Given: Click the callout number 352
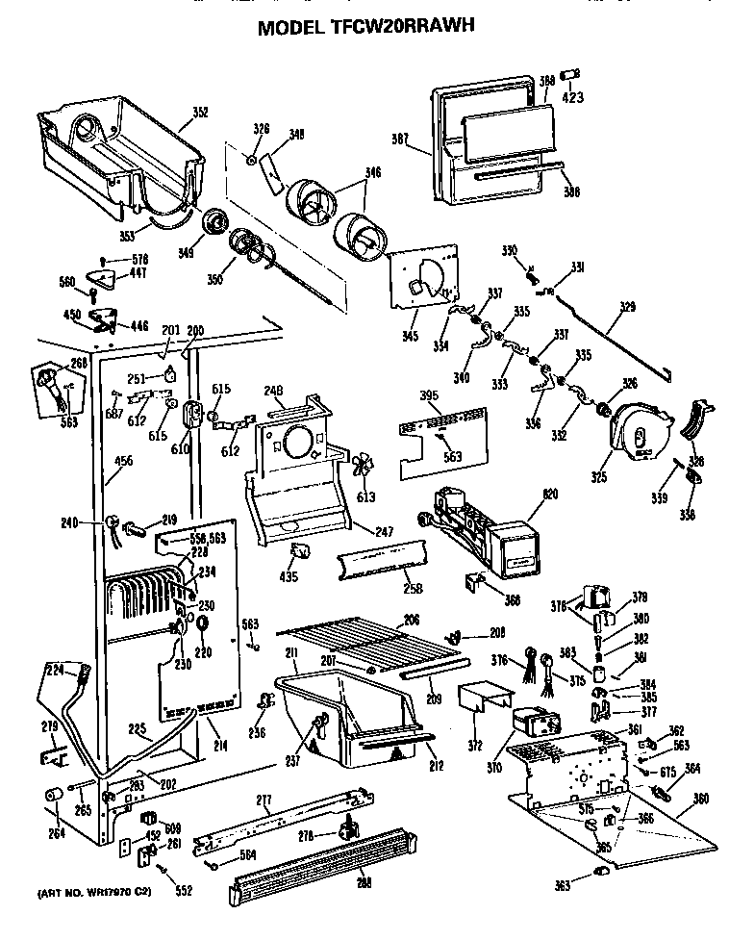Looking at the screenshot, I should pyautogui.click(x=199, y=113).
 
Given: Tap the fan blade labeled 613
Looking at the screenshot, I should pyautogui.click(x=363, y=469).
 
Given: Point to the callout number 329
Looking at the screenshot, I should pyautogui.click(x=627, y=308).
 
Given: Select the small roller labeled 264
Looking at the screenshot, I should pyautogui.click(x=50, y=796).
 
